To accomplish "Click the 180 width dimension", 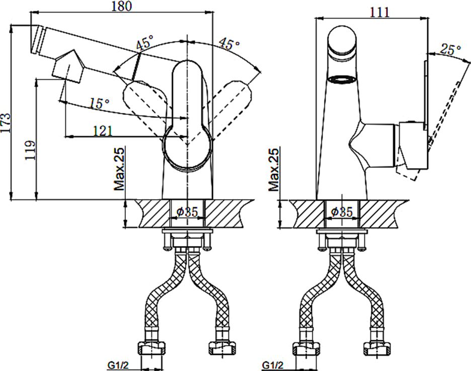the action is pos(122,6).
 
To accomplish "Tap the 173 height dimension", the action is pos(6,123).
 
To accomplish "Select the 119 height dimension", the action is pos(30,150).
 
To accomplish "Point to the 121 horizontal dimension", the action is pos(103,131).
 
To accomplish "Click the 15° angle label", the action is pos(100,103).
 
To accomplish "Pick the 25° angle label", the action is pos(450,49).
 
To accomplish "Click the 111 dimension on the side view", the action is pos(379,12).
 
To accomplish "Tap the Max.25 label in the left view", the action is pos(119,169).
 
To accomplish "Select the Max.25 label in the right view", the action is pos(274,169).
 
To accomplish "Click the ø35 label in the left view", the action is pos(187,212).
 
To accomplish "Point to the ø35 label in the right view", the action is pos(342,212).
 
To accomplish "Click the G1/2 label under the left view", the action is pos(118,365).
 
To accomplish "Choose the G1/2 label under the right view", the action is pos(272,365).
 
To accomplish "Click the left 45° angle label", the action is pos(144,42).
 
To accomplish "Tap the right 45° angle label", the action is pos(229,44).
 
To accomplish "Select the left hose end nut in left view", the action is pos(151,348).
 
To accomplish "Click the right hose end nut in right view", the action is pos(377,348).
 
